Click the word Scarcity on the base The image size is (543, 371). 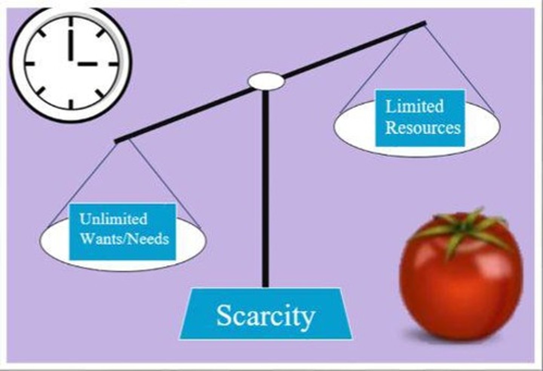point(265,315)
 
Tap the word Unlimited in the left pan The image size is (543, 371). point(113,219)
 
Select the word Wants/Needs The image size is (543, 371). point(124,239)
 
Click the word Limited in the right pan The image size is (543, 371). point(414,106)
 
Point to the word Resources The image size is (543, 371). point(423,127)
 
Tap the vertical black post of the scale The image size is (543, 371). point(265,189)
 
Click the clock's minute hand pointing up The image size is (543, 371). point(70,42)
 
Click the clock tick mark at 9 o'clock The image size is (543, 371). point(30,64)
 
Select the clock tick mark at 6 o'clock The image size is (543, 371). point(71,104)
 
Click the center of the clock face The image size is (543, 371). point(71,64)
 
